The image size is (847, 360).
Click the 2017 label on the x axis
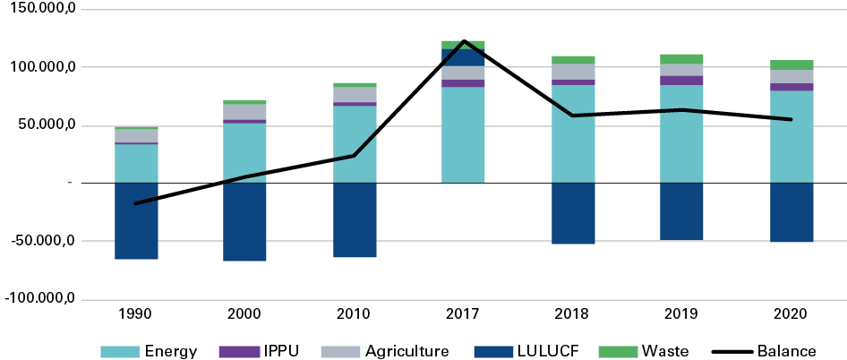[463, 314]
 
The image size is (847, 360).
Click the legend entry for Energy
[167, 350]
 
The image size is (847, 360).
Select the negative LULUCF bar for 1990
[136, 221]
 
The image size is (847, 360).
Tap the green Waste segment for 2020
[791, 64]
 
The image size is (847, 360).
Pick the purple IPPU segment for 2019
[682, 81]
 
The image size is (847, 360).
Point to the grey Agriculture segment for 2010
[355, 95]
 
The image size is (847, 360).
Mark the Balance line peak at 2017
[464, 40]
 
